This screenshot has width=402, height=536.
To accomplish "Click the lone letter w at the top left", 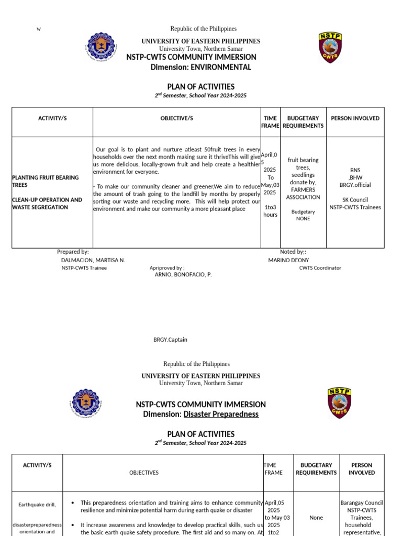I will (38, 29).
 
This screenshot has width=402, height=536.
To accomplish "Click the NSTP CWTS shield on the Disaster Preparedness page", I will (339, 403).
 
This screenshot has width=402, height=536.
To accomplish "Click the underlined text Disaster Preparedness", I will (221, 414).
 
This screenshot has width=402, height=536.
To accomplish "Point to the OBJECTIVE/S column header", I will (176, 118).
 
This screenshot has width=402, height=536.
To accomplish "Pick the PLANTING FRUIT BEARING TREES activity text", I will (45, 181).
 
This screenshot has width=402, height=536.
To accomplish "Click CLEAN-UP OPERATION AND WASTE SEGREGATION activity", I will (47, 204).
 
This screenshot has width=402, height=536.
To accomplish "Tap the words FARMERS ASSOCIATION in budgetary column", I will (303, 193).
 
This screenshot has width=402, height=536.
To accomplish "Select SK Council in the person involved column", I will (355, 199).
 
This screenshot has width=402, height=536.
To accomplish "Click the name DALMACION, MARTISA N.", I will (93, 260).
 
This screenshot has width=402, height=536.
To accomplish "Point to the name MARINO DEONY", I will (288, 260).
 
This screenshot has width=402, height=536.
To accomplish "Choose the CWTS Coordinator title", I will (320, 268).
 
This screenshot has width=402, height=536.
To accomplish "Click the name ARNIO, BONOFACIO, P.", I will (183, 274).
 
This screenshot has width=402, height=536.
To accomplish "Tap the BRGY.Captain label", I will (170, 340).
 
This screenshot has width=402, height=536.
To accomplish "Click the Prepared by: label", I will (73, 252).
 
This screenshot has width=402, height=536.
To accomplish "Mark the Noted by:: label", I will (293, 252).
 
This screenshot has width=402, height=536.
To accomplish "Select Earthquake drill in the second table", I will (37, 505).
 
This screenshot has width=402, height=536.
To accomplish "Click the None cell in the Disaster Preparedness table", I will (316, 518).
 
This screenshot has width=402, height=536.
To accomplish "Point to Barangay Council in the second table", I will (362, 502).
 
